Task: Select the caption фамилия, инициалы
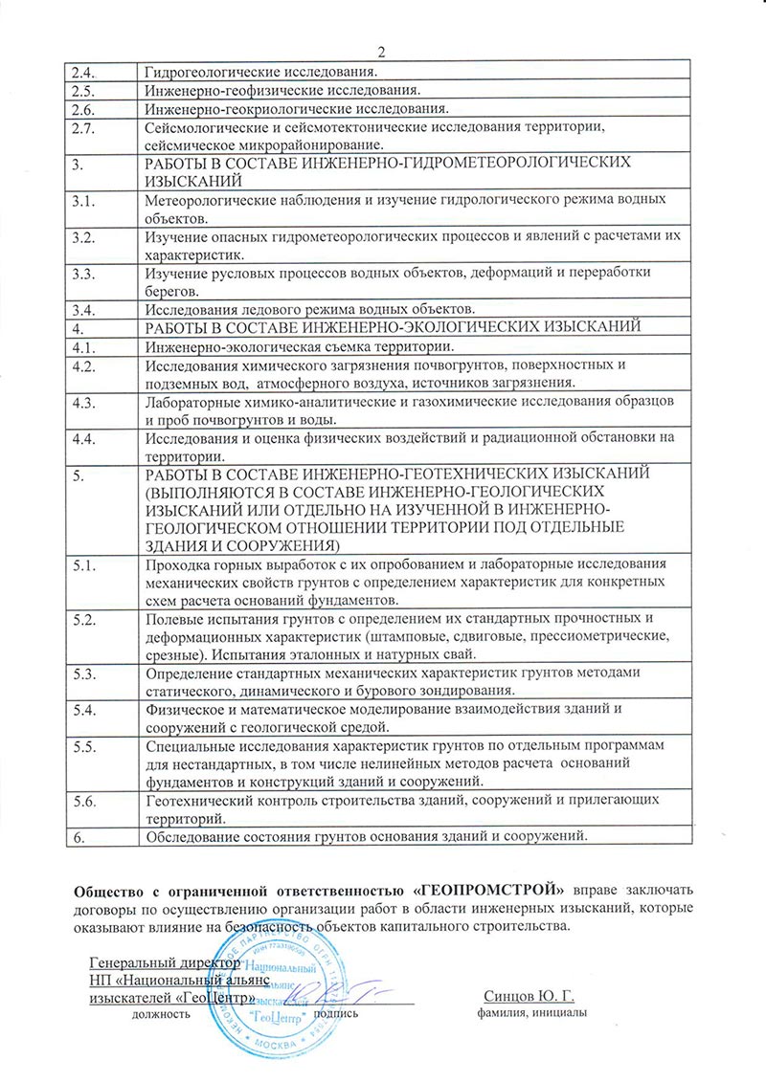pos(529,1013)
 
